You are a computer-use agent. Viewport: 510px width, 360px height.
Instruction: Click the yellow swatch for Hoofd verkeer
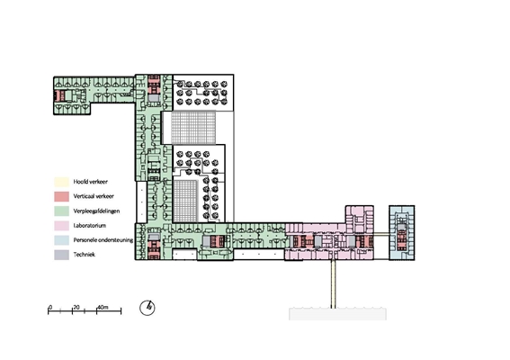pos(61,182)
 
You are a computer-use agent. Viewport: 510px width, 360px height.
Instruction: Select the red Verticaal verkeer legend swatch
pos(61,196)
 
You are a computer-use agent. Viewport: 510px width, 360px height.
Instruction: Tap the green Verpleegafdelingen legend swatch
pos(61,211)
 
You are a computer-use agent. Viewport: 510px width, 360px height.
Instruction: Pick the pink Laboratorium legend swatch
pos(61,226)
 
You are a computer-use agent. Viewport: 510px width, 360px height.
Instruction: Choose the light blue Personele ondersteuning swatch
pos(61,240)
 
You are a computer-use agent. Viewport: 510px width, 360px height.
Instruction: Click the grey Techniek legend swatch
pos(61,255)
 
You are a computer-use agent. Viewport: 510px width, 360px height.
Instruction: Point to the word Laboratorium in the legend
pos(90,226)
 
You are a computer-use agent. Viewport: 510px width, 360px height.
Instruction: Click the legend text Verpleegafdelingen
pos(96,211)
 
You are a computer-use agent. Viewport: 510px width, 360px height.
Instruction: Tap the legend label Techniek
pos(85,255)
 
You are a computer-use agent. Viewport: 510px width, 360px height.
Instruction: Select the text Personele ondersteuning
pos(103,240)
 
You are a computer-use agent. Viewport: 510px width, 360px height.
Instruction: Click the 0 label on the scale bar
pos(50,307)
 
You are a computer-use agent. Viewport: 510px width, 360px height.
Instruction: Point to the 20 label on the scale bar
pos(76,307)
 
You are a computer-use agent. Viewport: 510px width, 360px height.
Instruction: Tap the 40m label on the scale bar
pos(103,307)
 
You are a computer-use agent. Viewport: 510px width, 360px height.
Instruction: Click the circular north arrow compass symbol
pos(148,308)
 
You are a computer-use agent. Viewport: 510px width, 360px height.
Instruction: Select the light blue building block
pos(402,233)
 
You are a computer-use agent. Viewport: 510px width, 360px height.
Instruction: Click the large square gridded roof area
pos(193,128)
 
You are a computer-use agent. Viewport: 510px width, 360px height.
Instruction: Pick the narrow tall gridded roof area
pos(185,202)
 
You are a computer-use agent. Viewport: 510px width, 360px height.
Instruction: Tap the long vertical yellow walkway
pos(333,283)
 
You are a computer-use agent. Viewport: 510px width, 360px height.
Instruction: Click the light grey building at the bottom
pos(337,314)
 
